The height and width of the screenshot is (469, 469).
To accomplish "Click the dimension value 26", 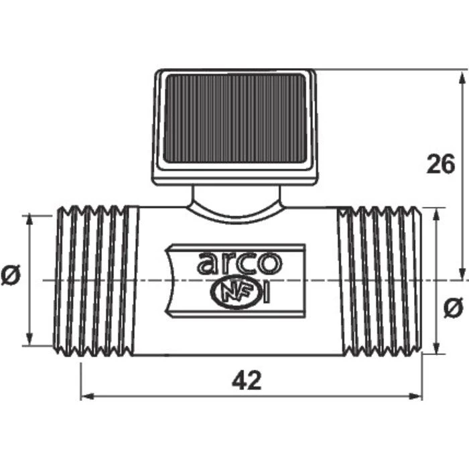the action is coord(441,163).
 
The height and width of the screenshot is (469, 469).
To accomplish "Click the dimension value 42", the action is coord(247,380).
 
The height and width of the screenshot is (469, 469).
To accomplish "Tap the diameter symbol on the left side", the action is coord(11,275).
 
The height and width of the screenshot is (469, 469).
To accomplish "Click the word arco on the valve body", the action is coord(239,263).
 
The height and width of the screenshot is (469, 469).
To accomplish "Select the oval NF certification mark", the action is coord(235,292).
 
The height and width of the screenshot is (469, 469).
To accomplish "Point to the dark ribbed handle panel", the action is coord(235,119).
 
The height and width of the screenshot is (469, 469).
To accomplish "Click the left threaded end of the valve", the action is coord(95,281).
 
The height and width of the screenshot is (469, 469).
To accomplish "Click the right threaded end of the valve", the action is coord(380,281).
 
